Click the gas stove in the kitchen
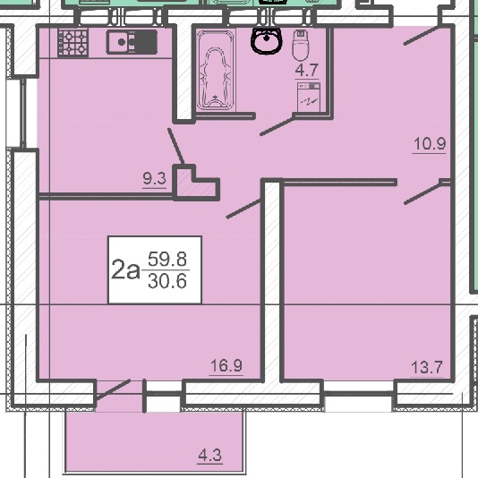73,43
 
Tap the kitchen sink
132,42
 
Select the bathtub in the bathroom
216,71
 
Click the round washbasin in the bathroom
266,40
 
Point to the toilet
301,45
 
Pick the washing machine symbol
309,97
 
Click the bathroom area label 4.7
307,70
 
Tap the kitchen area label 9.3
155,178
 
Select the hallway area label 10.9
430,143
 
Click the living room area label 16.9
226,365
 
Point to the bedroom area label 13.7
426,367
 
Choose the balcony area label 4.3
210,456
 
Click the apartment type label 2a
125,269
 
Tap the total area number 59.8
167,259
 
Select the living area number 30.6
167,281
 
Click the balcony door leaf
114,389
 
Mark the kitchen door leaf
176,146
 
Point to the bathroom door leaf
277,125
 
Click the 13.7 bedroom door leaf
423,193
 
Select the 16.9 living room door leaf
243,209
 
